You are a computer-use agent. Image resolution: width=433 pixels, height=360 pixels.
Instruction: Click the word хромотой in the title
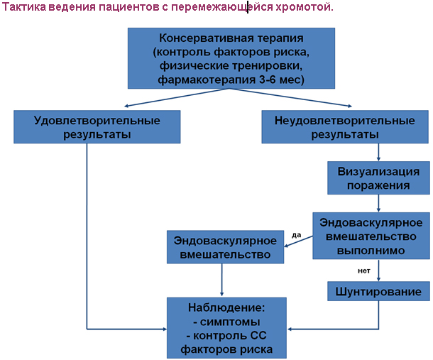click(x=304, y=7)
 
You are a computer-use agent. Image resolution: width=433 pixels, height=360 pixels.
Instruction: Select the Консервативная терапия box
click(x=231, y=58)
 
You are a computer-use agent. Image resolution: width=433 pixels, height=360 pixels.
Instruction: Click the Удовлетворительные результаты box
click(x=97, y=127)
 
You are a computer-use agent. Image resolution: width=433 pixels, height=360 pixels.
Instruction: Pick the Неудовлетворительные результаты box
click(x=345, y=127)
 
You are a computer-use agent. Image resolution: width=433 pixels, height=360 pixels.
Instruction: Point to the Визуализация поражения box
click(x=378, y=178)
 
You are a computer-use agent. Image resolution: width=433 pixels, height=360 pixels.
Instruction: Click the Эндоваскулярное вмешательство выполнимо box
click(x=371, y=236)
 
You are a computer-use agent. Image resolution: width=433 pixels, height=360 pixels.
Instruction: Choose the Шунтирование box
click(x=378, y=291)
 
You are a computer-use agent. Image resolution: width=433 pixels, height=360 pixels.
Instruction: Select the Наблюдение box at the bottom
click(x=226, y=328)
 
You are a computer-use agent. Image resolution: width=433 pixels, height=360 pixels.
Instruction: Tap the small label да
click(x=296, y=235)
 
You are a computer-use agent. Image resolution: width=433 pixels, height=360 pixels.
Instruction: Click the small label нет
click(x=364, y=271)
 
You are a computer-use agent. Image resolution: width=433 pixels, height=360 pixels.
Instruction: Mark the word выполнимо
click(x=371, y=251)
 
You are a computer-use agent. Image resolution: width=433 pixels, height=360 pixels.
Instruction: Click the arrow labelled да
click(x=299, y=241)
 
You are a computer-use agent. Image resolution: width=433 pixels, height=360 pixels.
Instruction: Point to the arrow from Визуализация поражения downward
click(x=378, y=203)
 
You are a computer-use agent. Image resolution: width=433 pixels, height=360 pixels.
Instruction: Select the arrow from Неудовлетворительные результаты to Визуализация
click(x=378, y=152)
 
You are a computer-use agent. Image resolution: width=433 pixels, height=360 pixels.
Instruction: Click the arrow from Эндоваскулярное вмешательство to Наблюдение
click(x=221, y=280)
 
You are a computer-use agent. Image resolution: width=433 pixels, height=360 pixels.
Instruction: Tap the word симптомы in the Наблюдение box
click(x=230, y=322)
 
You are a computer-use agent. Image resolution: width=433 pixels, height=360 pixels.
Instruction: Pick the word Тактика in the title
click(x=23, y=7)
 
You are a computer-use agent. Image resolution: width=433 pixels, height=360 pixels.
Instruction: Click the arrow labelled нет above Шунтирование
click(x=378, y=271)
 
